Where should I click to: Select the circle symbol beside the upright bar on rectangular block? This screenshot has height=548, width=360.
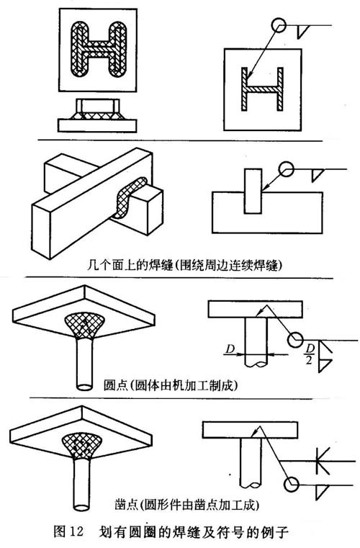(286, 170)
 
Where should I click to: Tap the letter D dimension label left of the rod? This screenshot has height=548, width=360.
(229, 349)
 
